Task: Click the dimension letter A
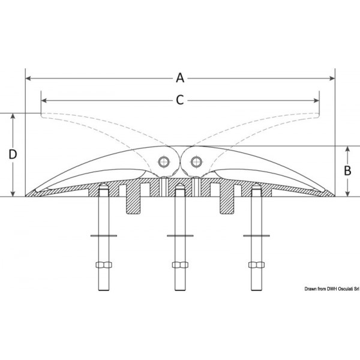click(x=180, y=78)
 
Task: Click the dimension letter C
click(x=180, y=100)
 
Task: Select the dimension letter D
click(x=13, y=154)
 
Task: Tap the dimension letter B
click(x=347, y=170)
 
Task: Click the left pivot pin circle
click(x=164, y=162)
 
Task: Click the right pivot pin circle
click(x=196, y=162)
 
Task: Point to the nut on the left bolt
click(x=104, y=265)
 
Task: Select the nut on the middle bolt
click(x=180, y=265)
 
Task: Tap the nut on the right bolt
click(x=257, y=265)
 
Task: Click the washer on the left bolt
click(x=104, y=236)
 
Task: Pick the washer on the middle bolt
click(x=180, y=236)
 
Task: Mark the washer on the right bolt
click(x=257, y=236)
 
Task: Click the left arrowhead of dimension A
click(x=28, y=78)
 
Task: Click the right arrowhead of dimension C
click(x=316, y=101)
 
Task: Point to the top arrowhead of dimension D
click(x=13, y=116)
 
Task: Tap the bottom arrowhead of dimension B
click(x=347, y=194)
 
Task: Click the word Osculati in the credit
click(x=346, y=289)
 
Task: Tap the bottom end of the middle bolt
click(x=180, y=290)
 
